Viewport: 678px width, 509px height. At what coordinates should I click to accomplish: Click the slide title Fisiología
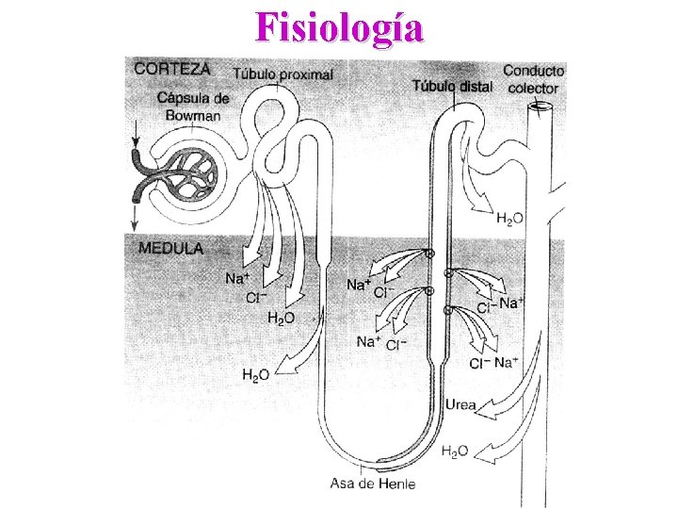(x=339, y=27)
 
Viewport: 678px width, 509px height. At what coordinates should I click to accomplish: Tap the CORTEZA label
(x=172, y=68)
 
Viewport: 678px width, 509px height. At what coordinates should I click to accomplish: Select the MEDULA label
(x=170, y=249)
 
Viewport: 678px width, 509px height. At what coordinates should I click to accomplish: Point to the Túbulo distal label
(x=451, y=87)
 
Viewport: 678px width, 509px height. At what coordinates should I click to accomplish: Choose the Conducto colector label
(x=533, y=79)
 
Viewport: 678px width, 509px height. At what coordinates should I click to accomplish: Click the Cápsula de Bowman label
(x=193, y=107)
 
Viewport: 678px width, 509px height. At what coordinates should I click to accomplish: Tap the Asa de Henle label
(x=367, y=484)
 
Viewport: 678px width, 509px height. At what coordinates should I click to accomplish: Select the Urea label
(x=460, y=407)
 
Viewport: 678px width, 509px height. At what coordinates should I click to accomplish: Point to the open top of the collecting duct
(x=541, y=107)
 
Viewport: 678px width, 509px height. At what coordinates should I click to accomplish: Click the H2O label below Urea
(x=456, y=452)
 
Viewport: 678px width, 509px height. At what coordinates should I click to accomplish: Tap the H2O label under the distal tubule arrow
(x=510, y=220)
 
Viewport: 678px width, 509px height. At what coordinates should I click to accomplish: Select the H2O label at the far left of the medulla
(x=256, y=375)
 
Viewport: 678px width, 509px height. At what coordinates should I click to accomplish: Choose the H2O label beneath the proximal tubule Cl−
(x=281, y=319)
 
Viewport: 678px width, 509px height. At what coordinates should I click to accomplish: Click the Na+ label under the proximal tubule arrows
(x=237, y=278)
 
